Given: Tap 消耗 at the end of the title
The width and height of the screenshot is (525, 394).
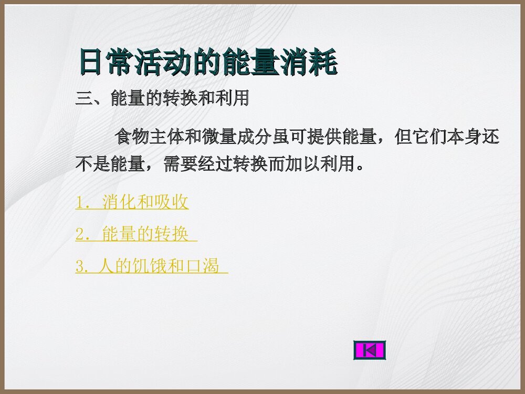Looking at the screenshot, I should click(310, 63).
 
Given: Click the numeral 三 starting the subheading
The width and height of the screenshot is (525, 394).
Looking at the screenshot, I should click(84, 99).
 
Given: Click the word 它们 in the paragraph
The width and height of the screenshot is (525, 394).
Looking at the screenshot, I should click(429, 138).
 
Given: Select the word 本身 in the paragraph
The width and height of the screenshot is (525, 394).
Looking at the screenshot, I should click(464, 138).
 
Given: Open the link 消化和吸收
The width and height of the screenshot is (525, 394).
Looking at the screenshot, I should click(145, 202).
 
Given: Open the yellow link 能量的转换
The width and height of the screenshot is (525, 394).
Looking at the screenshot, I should click(145, 234).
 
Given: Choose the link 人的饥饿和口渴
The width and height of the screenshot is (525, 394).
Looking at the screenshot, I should click(157, 266).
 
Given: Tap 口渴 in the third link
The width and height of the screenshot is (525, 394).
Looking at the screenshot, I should click(203, 266).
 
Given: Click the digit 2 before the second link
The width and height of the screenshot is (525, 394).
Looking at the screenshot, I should click(80, 235).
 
